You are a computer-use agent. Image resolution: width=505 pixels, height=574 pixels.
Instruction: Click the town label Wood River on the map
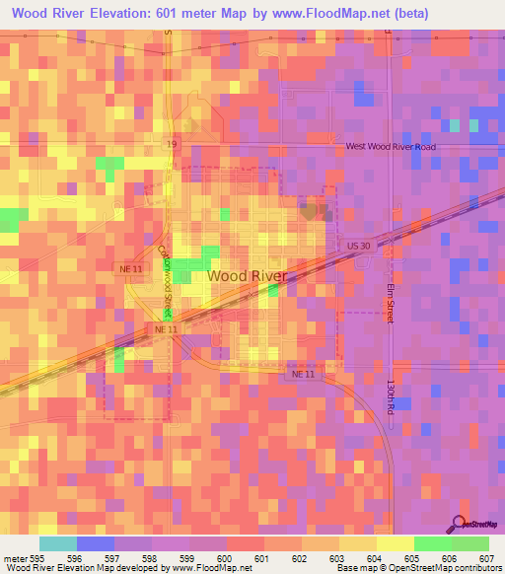(248, 276)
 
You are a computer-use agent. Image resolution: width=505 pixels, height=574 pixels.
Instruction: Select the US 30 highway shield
(357, 242)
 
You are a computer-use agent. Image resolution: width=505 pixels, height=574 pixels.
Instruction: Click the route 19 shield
(172, 144)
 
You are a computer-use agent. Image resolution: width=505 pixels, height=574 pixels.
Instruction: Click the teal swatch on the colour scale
(58, 543)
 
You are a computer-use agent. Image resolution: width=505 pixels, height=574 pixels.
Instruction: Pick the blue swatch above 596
(96, 543)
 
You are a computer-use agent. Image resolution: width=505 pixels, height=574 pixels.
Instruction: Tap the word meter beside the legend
(14, 556)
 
